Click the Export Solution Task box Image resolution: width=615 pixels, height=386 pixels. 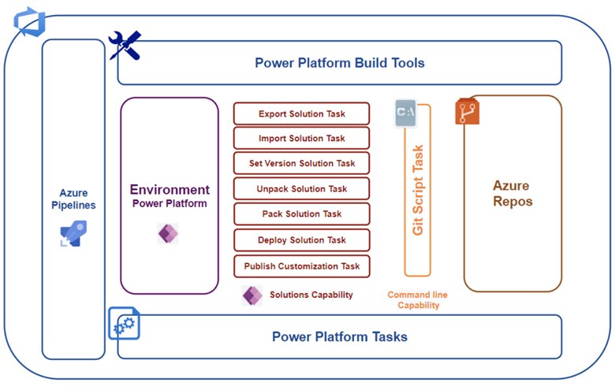coord(301,113)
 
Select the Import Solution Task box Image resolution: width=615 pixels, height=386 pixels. coord(301,139)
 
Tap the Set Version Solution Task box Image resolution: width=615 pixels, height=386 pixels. coord(301,164)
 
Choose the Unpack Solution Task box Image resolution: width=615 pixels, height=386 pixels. coord(301,189)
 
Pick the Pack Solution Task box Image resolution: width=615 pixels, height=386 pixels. coord(301,214)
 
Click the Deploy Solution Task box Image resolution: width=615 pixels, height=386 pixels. coord(301,240)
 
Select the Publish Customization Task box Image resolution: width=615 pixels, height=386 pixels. coord(301,266)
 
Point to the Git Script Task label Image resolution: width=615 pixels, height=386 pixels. coord(418,190)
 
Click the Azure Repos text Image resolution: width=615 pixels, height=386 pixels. coord(512,193)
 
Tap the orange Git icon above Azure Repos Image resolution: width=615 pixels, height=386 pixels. coord(468,112)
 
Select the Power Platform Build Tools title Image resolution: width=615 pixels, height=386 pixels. coord(340,63)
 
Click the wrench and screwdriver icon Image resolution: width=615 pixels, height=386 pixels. coord(125,46)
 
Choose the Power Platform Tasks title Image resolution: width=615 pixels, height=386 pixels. coord(340,337)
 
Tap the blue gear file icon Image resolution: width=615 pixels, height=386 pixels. coord(124,323)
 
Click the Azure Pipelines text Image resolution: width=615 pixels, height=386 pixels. coord(73,199)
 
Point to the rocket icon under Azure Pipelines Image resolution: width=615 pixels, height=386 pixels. coord(73,233)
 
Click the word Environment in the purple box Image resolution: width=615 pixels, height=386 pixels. coord(170,190)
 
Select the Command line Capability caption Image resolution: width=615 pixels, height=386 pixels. coord(418,300)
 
